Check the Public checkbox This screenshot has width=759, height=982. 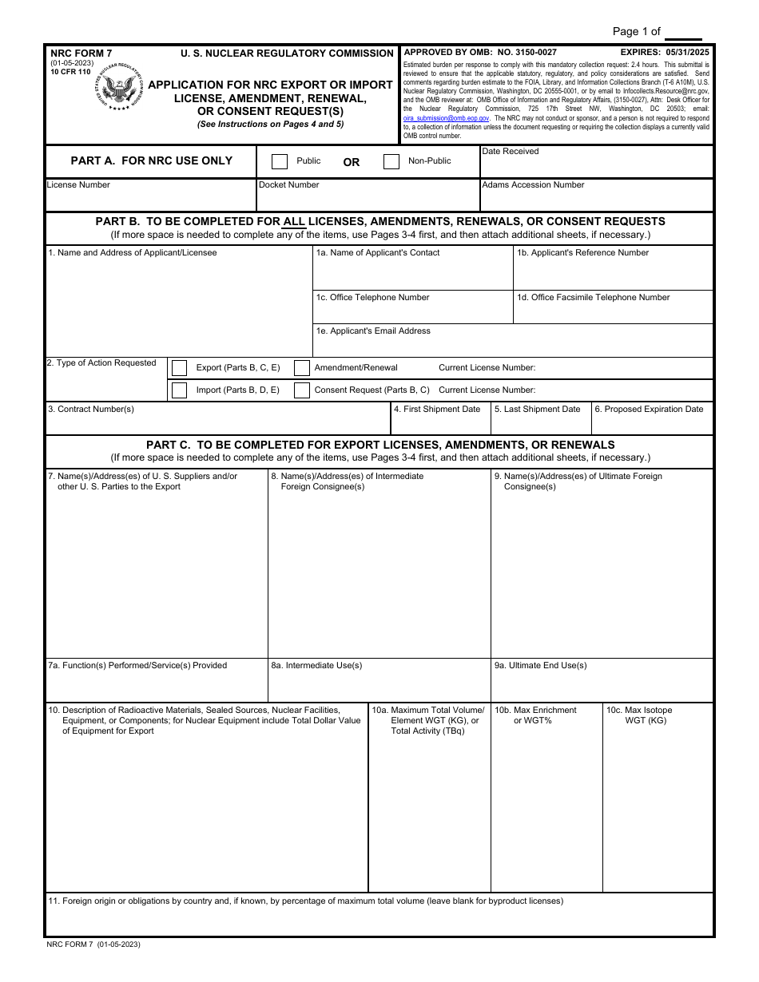[280, 161]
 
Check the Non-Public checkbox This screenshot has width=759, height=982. [391, 161]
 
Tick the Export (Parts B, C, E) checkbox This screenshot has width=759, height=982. [180, 368]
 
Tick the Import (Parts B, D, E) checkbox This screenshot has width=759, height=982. [180, 390]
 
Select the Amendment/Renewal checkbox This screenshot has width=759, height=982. [302, 368]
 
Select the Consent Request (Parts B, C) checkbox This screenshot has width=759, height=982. [302, 390]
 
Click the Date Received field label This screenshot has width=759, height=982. [511, 152]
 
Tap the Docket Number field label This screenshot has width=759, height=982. [288, 185]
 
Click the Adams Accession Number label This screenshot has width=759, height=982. [533, 185]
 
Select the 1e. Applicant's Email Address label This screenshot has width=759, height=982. [373, 331]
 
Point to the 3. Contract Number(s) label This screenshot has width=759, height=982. [91, 410]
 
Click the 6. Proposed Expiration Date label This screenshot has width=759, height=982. [649, 410]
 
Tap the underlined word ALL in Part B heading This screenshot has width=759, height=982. [294, 222]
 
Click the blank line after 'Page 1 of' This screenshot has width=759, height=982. [683, 34]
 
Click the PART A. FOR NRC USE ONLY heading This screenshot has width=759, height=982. [152, 161]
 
